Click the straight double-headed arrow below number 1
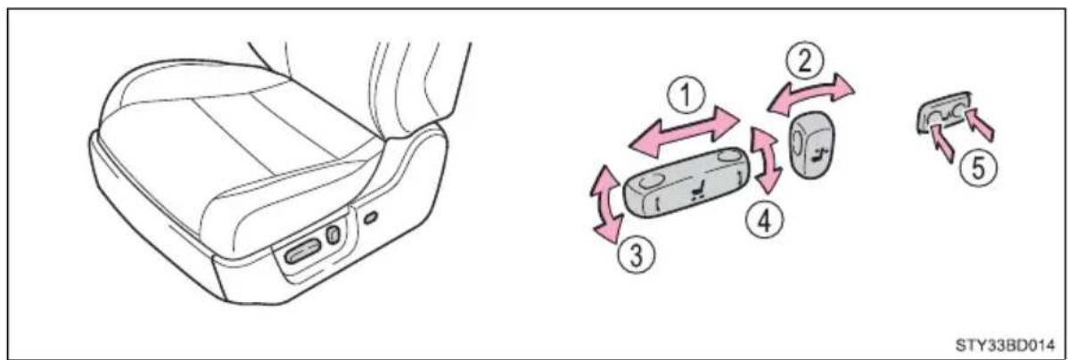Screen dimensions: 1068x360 (x=684, y=134)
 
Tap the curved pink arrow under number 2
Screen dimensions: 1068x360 (x=809, y=93)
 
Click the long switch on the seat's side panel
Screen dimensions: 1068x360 (x=298, y=255)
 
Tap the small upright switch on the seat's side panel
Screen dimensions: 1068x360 (x=333, y=235)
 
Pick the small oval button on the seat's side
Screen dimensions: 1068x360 (x=370, y=218)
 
